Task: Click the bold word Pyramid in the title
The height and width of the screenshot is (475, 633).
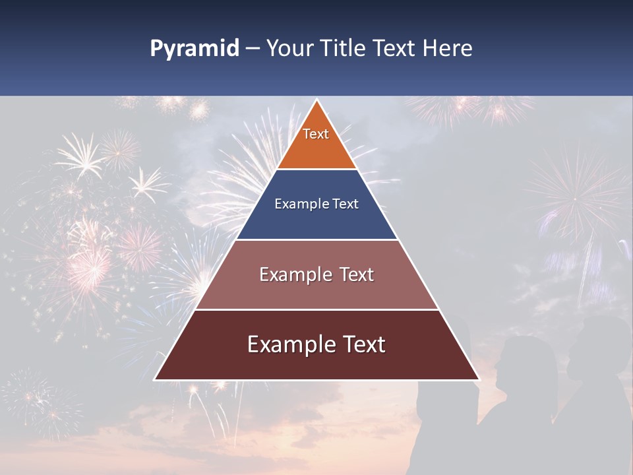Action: [x=195, y=49]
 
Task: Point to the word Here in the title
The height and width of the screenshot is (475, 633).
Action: [x=448, y=49]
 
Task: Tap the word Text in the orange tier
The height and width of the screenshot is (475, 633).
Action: [x=316, y=134]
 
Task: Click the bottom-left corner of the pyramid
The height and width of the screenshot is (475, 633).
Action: [x=155, y=379]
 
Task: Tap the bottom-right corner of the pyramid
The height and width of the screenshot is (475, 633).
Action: [x=479, y=379]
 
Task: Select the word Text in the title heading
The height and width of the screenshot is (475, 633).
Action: [x=396, y=49]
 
